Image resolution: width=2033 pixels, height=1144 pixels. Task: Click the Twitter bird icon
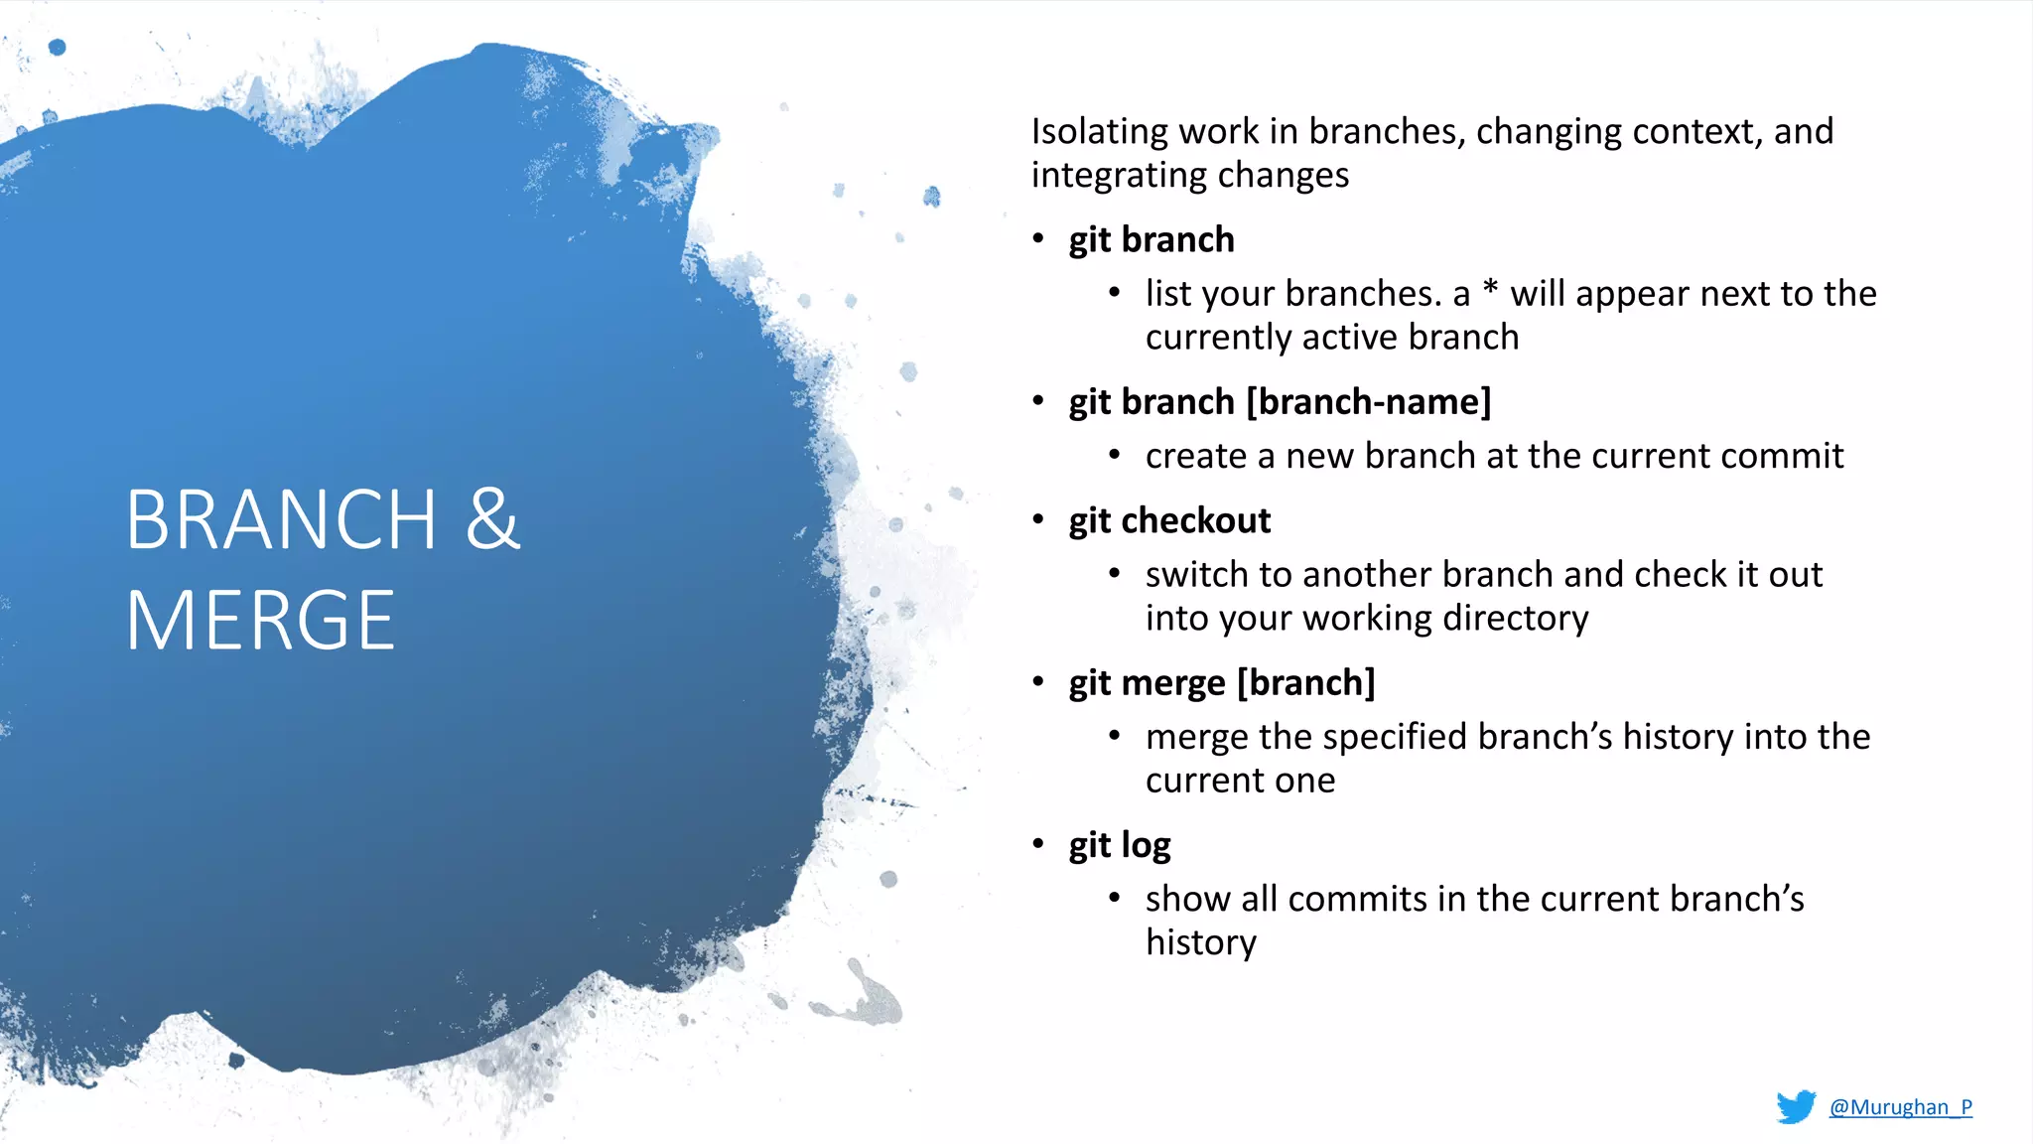(1796, 1106)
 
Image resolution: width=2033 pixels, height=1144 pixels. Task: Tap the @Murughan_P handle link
(1900, 1107)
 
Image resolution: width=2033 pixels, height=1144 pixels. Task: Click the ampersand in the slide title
(493, 519)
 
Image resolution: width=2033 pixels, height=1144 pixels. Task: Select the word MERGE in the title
(261, 621)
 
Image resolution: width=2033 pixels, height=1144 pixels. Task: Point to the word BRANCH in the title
(281, 519)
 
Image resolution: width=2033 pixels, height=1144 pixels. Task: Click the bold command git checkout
(1169, 520)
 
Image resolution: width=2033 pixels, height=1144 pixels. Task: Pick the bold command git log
(1120, 845)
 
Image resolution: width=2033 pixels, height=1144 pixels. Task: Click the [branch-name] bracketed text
(1369, 402)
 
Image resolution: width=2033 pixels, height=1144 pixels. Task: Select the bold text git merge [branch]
(1222, 683)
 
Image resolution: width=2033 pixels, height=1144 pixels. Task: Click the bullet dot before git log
(1038, 844)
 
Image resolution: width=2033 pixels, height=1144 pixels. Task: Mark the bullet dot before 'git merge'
(1038, 682)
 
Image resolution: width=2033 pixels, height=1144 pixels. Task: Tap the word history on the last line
(1201, 942)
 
